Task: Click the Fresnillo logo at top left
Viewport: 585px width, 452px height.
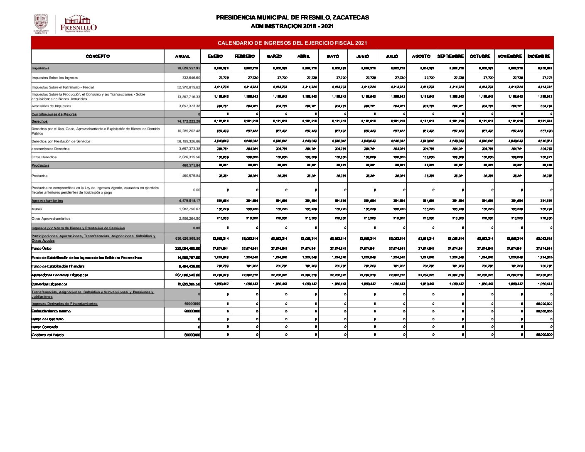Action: [x=79, y=24]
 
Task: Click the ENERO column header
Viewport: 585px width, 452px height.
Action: [x=215, y=56]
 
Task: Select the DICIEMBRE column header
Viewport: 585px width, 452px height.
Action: [x=539, y=56]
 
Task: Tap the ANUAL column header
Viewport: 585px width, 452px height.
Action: [x=182, y=56]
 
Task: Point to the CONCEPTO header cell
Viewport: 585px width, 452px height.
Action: [x=98, y=56]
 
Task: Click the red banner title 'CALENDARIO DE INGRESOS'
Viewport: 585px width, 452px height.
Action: [x=292, y=43]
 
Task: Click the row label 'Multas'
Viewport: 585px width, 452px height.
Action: [x=37, y=209]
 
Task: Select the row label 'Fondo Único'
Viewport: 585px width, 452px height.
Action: [x=42, y=248]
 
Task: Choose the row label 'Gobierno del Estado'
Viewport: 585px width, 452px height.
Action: [x=48, y=335]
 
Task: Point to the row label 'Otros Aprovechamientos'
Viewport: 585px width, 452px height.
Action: [x=51, y=219]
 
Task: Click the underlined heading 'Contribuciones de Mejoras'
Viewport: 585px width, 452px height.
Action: [x=54, y=114]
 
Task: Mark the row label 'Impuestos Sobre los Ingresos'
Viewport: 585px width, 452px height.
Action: [x=55, y=78]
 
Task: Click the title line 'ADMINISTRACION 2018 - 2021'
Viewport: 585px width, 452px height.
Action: [x=292, y=27]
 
